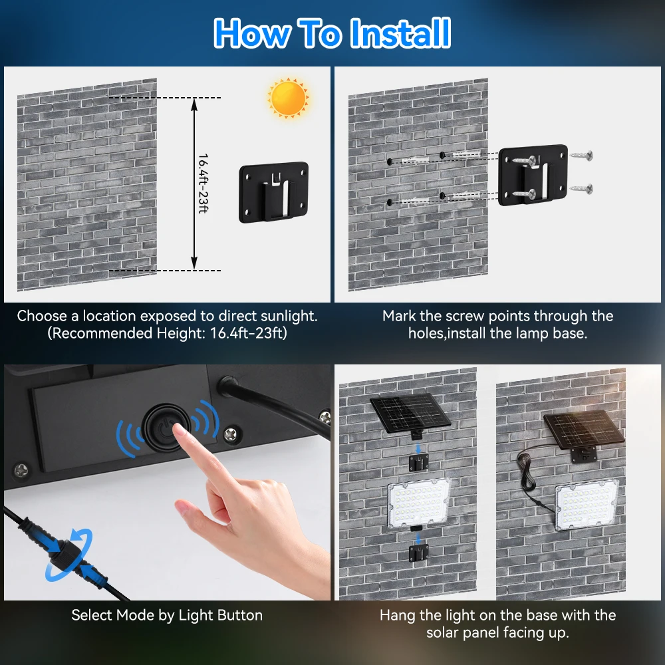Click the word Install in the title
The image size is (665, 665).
(x=400, y=33)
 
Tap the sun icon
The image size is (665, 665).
(x=288, y=98)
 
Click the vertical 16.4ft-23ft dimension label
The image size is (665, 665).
(x=203, y=184)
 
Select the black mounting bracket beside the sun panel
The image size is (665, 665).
(x=273, y=192)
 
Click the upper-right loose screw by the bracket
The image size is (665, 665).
(x=581, y=156)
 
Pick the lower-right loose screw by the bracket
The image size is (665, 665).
(x=581, y=188)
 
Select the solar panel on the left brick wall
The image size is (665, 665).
(x=410, y=414)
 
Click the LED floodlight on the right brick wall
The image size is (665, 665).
(x=587, y=505)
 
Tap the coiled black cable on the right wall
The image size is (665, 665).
(x=526, y=471)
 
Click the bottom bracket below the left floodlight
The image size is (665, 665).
(x=418, y=553)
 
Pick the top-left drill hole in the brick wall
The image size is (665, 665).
(x=390, y=162)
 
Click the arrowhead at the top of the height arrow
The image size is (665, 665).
(x=194, y=104)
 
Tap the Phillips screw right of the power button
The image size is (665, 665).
(x=231, y=434)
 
